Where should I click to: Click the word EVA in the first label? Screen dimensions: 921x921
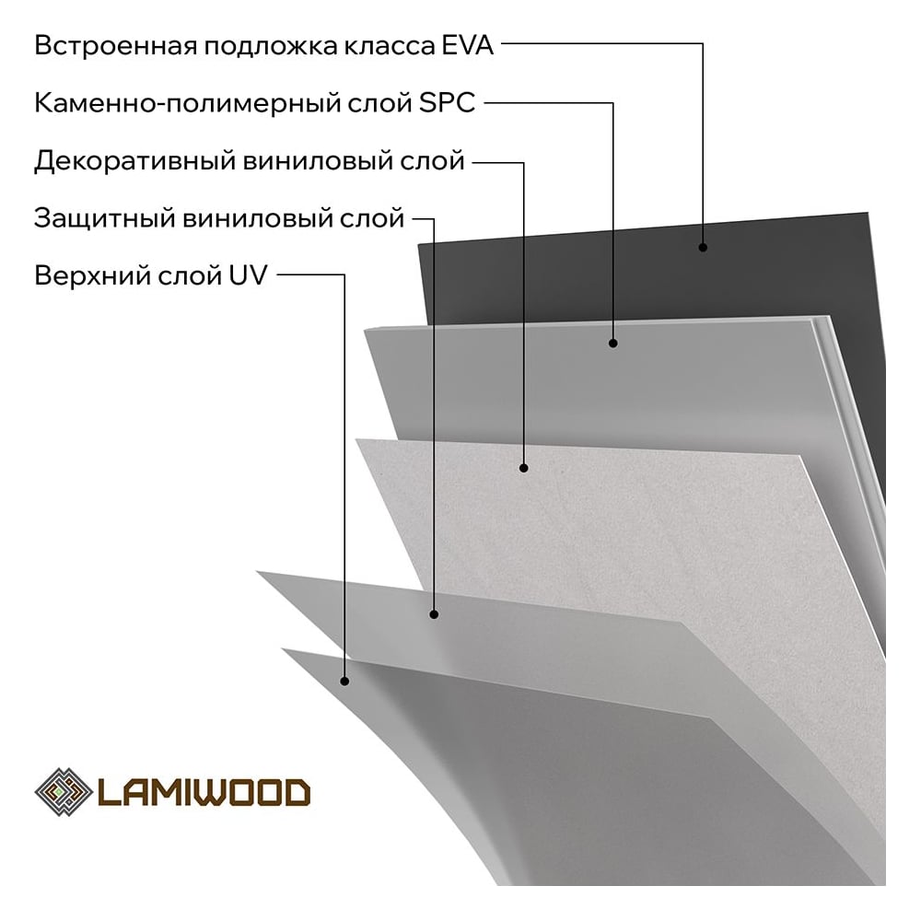468,45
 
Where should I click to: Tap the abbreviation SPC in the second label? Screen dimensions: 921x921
447,103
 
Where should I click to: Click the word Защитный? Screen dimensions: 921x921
105,218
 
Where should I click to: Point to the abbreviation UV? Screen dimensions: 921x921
248,274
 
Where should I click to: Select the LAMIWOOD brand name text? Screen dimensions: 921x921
204,792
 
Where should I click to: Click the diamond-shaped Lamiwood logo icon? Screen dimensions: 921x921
64,792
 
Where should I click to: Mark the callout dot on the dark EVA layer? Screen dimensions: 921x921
703,247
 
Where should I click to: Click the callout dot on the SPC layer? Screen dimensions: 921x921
613,343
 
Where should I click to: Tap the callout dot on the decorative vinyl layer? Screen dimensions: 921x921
523,468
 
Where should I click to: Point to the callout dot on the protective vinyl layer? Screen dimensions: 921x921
434,614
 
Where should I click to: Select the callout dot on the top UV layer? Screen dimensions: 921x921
344,681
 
